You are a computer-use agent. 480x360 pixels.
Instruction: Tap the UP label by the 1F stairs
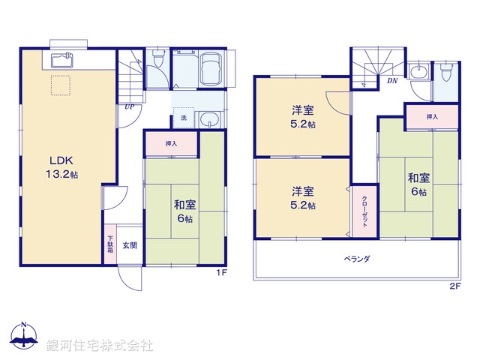pos(130,106)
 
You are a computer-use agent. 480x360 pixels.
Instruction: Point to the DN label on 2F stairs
pos(392,81)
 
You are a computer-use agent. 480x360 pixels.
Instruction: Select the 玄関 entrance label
pos(129,244)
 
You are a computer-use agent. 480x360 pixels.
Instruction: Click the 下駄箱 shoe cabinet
pos(109,244)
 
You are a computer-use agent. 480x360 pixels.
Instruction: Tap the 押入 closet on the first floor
pos(172,142)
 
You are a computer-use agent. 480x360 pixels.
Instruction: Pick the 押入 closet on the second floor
pos(432,116)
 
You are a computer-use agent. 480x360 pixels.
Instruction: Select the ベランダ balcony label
pos(358,259)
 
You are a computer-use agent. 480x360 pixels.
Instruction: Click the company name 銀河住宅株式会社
pos(100,346)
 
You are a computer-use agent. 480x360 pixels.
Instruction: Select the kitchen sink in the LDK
pos(61,60)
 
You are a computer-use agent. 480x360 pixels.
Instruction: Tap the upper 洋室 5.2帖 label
pos(303,116)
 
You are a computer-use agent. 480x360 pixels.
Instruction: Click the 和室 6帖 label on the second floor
pos(418,184)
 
